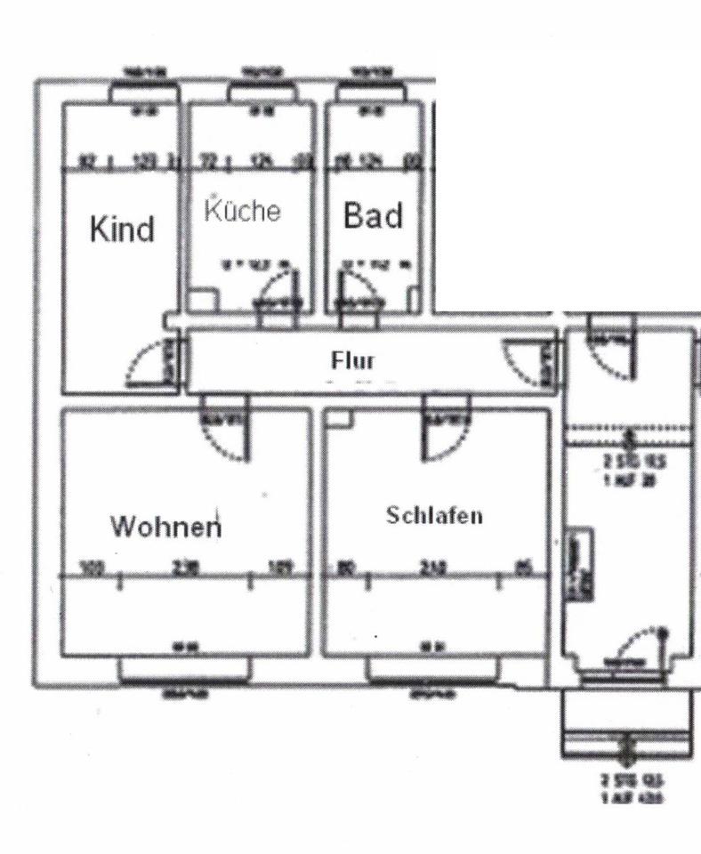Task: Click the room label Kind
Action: [x=122, y=230]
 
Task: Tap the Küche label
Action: [x=243, y=212]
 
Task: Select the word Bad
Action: [x=373, y=215]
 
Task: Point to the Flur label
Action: [x=353, y=361]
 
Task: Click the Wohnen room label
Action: [x=165, y=527]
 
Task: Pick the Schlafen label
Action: [x=434, y=516]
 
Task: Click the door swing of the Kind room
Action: [x=148, y=364]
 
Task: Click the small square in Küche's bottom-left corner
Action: [x=201, y=300]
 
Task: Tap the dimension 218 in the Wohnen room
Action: [x=186, y=568]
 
